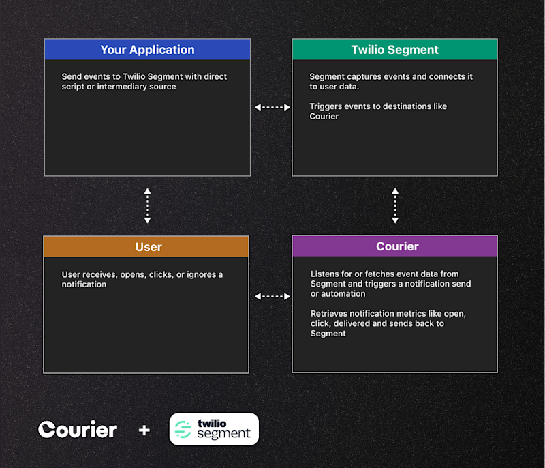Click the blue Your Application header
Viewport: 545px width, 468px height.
coord(147,50)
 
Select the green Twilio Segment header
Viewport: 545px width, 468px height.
coord(394,50)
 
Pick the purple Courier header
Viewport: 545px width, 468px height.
coord(394,246)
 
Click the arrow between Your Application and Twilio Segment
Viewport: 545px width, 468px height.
coord(272,107)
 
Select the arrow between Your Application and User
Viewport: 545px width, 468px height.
coord(147,205)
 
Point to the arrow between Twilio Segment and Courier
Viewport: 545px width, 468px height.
coord(394,205)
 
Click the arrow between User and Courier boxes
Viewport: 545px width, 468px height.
coord(272,296)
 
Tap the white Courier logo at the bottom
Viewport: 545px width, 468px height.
coord(78,429)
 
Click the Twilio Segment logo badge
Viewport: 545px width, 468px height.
coord(214,429)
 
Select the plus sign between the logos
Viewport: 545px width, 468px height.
coord(144,430)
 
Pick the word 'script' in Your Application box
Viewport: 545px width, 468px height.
coord(74,87)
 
